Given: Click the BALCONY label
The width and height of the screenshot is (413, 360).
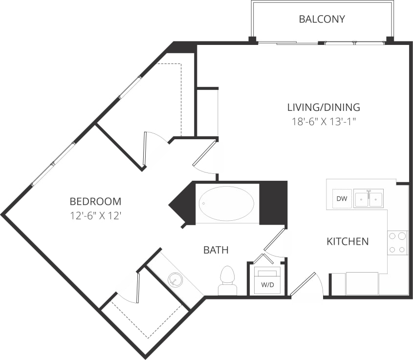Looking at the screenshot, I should click(322, 20).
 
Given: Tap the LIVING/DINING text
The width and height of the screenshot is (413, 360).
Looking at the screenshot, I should click(323, 107).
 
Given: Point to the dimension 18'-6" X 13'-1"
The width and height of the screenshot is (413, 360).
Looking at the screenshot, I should click(323, 121).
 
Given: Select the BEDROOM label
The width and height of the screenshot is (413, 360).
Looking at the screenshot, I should click(95, 201).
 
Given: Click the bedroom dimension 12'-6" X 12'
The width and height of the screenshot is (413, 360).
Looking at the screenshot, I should click(95, 215).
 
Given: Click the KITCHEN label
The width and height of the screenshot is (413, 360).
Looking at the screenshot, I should click(348, 241).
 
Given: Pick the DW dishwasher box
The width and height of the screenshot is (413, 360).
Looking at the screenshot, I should click(342, 198).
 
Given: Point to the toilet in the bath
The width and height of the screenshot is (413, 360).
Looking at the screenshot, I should click(227, 281).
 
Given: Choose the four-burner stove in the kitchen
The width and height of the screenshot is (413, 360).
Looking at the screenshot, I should click(397, 243).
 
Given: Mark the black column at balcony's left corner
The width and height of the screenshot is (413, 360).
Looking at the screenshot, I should click(252, 40).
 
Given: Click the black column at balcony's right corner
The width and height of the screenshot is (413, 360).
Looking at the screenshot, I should click(390, 40).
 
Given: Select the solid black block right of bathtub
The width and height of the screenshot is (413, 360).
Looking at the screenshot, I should click(273, 203).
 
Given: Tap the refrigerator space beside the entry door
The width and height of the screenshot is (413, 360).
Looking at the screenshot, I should click(362, 284).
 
